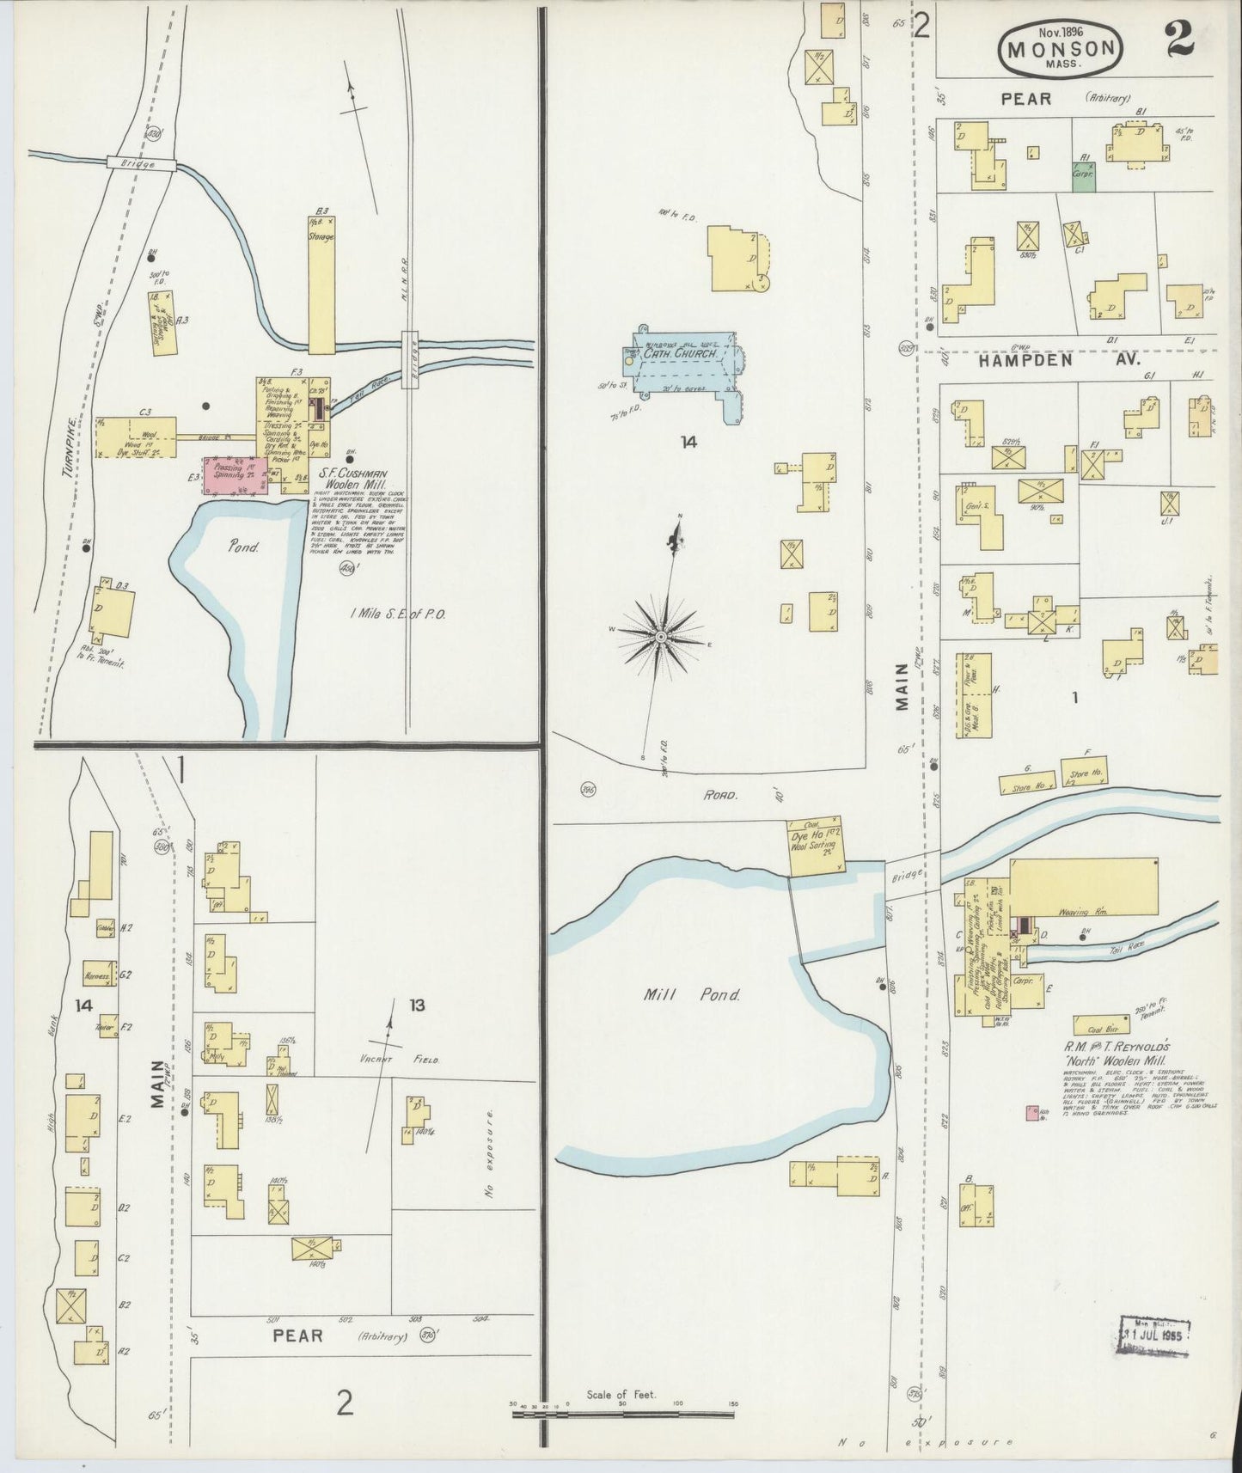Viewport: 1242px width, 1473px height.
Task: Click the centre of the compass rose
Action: coord(660,636)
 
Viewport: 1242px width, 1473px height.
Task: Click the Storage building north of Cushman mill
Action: coord(321,284)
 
